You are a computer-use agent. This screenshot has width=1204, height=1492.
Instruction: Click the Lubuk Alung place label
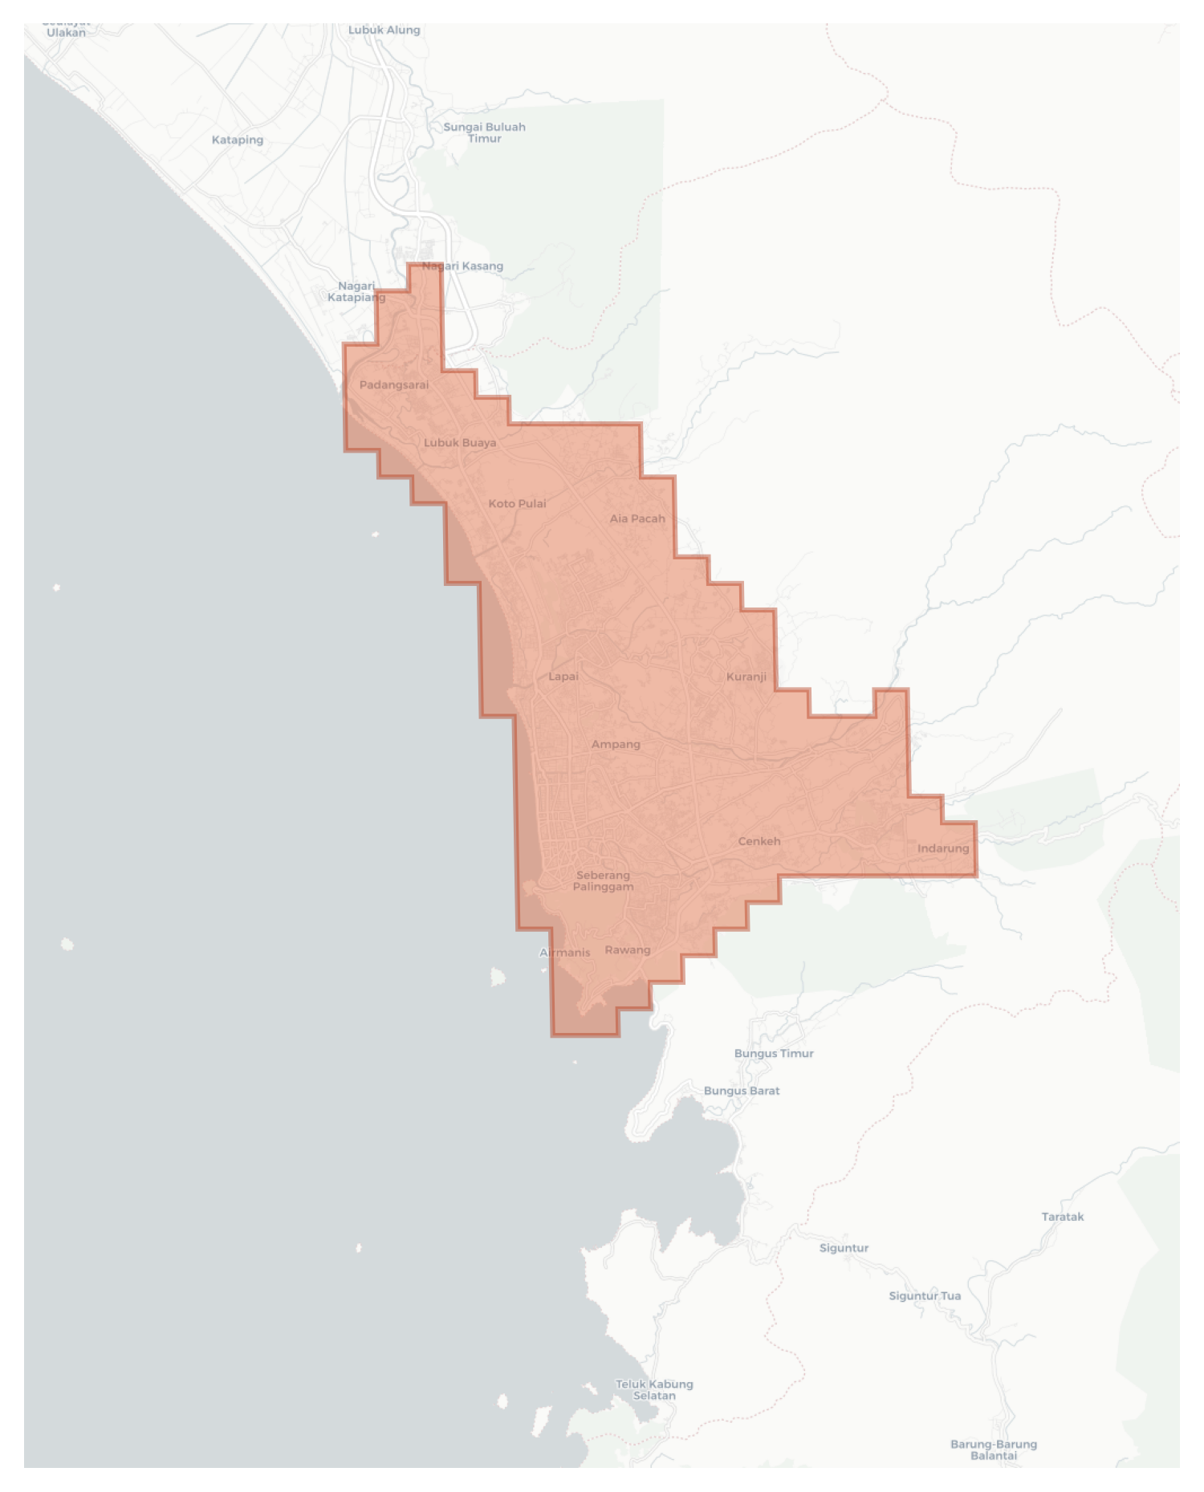[384, 30]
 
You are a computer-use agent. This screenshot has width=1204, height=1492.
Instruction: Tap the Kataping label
[237, 140]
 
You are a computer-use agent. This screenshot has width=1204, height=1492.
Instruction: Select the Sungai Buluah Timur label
[484, 132]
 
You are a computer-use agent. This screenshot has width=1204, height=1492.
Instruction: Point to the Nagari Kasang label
[462, 266]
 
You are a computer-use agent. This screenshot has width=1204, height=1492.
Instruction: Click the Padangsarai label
[393, 384]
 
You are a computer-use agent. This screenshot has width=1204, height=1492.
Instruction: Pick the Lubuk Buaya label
[459, 442]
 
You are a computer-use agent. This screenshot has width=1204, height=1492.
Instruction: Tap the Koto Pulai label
[517, 503]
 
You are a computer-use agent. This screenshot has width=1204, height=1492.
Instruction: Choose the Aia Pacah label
[637, 518]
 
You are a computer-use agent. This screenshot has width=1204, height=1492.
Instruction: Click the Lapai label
[563, 676]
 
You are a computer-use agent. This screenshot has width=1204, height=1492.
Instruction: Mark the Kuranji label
[746, 677]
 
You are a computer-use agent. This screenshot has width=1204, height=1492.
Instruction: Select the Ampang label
[616, 744]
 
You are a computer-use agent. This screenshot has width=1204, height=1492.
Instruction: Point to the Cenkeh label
[759, 841]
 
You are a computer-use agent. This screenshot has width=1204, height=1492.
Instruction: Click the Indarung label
[942, 848]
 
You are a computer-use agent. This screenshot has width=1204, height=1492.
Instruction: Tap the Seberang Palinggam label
[603, 880]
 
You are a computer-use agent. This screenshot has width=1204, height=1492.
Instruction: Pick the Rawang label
[627, 949]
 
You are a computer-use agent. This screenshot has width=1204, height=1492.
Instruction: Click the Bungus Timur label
[773, 1053]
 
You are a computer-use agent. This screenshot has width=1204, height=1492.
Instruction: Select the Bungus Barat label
[741, 1091]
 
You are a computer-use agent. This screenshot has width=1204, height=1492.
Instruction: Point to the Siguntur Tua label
[924, 1295]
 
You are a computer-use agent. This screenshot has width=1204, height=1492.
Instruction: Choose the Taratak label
[1062, 1217]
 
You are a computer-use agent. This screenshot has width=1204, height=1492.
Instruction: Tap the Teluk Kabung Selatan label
[653, 1389]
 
